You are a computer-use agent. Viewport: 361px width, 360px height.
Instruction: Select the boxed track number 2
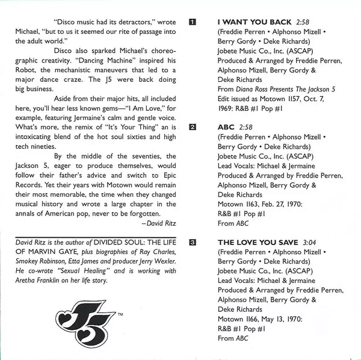tap(193, 128)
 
